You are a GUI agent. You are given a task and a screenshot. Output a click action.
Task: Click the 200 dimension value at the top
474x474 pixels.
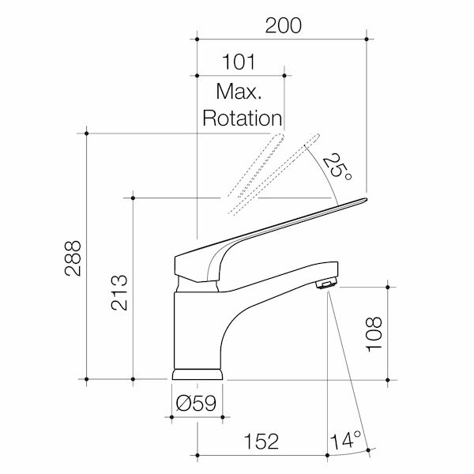283,24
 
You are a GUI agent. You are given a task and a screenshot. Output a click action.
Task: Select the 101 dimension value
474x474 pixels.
240,61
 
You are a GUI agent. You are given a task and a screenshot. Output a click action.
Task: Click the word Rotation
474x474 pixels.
243,118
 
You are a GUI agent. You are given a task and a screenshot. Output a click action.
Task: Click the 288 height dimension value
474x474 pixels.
72,257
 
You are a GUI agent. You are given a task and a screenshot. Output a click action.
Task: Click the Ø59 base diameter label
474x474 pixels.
197,404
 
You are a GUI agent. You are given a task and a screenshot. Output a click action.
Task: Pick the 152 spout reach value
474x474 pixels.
261,441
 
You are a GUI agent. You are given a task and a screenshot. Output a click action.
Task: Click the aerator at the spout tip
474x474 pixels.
325,283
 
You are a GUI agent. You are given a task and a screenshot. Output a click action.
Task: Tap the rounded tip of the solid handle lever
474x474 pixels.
362,201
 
